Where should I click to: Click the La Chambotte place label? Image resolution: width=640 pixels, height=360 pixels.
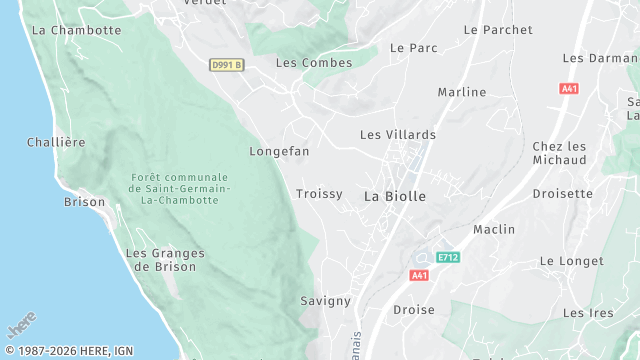pos(76,30)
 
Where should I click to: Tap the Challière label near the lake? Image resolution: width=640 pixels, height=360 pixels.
pos(55,142)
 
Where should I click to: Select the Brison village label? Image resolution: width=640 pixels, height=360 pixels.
pos(84,202)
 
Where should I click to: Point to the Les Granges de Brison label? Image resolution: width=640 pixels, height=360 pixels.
pos(165,260)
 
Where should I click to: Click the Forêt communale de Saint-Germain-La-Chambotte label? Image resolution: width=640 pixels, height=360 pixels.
pos(181,189)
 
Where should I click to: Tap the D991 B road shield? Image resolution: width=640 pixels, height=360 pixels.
pos(226,65)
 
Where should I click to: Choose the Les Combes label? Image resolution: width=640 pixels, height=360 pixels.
pos(314,63)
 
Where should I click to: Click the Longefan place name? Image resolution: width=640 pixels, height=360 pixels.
pos(279,152)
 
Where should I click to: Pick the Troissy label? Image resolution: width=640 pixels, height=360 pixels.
pos(319,194)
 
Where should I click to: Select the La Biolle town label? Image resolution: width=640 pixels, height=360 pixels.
pos(394,196)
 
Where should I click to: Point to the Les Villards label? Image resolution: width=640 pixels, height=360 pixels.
pos(398,135)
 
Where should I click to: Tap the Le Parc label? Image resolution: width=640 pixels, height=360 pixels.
pos(414,48)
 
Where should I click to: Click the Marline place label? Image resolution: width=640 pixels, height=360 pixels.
pos(462,93)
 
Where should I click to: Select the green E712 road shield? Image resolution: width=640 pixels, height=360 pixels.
pos(448,258)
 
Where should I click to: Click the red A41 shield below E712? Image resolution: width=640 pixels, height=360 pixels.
pos(420,275)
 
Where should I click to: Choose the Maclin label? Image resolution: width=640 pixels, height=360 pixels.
pos(494,230)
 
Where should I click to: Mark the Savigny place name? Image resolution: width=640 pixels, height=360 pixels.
pos(325,301)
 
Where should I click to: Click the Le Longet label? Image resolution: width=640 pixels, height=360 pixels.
pos(571,261)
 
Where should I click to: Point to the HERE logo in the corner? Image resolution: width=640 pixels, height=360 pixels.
pos(22,326)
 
